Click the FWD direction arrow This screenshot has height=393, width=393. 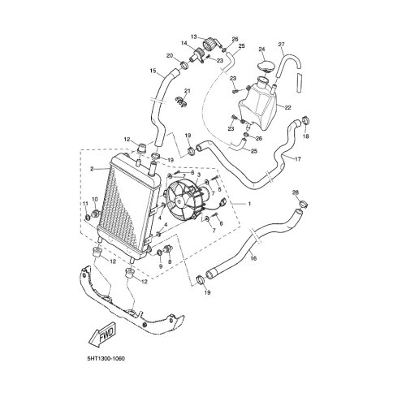tap(102, 335)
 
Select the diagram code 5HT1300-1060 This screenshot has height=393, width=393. tap(106, 359)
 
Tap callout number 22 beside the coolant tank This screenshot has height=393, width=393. tap(288, 108)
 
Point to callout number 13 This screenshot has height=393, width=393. tap(194, 37)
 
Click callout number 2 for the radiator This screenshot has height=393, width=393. tap(92, 169)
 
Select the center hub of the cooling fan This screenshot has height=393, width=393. tap(179, 201)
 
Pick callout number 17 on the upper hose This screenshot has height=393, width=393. tap(298, 159)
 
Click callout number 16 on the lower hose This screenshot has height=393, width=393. tap(253, 258)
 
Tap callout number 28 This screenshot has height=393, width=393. tap(296, 192)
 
